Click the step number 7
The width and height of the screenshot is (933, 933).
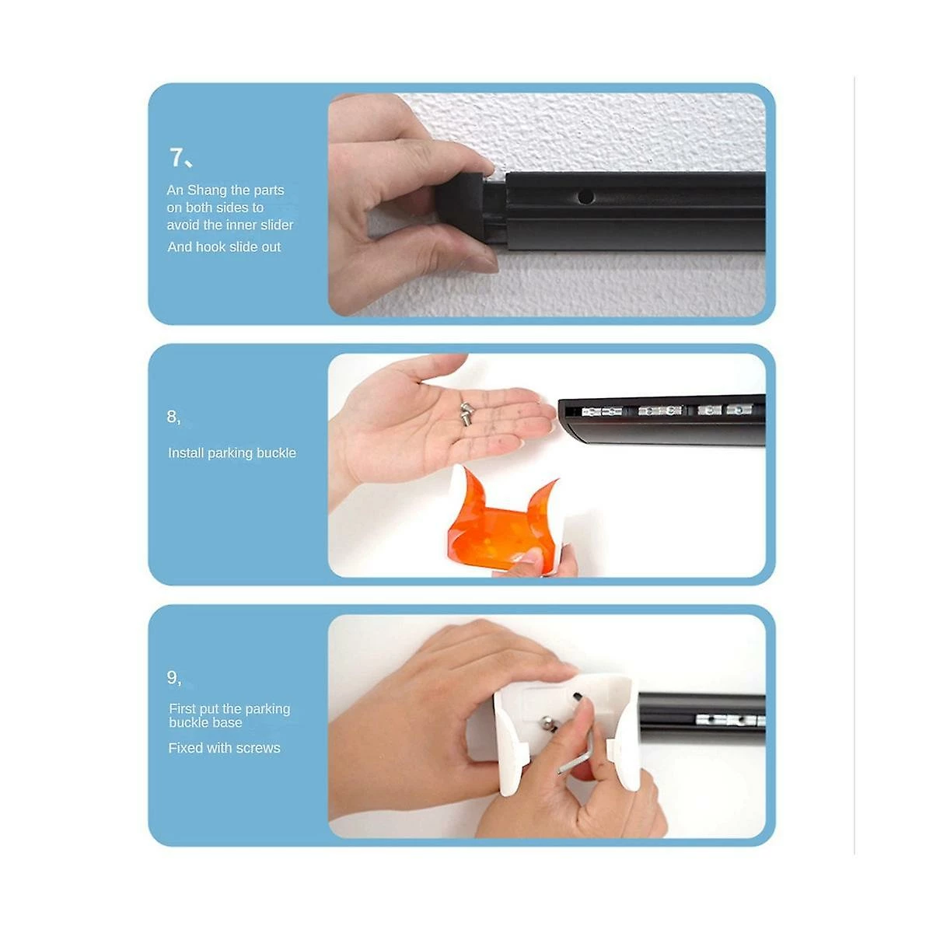tap(176, 157)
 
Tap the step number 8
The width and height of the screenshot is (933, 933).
tap(171, 416)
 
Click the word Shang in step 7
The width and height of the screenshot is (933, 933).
tap(208, 190)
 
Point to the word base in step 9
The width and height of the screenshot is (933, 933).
tap(229, 723)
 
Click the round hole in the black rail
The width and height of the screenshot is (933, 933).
tap(585, 197)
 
